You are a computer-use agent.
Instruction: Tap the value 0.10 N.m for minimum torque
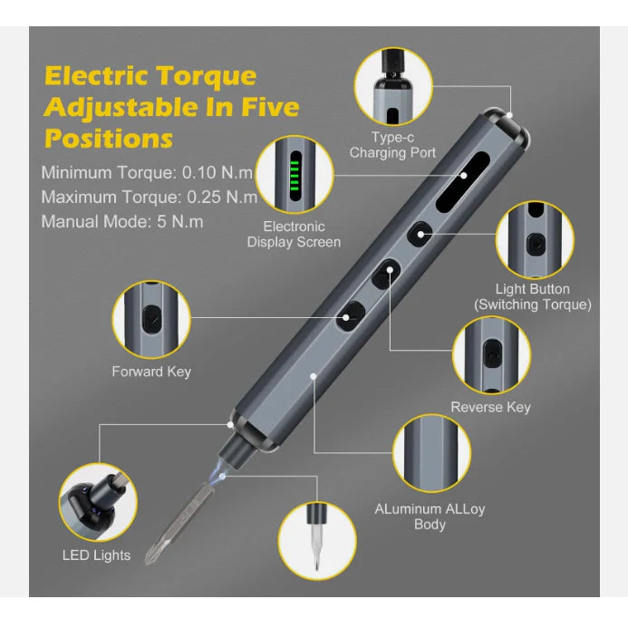[217, 172]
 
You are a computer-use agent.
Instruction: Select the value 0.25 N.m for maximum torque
[222, 197]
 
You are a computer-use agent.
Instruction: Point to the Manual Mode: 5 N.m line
[122, 221]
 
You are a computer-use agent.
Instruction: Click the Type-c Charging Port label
[392, 145]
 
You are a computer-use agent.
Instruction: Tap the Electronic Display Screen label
[294, 235]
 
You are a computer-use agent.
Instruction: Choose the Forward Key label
[151, 372]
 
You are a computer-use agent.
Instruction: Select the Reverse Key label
[490, 407]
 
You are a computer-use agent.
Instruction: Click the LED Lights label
[97, 556]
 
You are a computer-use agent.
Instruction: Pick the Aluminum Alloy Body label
[430, 517]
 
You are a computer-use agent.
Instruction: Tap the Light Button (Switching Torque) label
[533, 296]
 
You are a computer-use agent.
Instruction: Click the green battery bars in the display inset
[295, 176]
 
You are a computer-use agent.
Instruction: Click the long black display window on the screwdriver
[462, 182]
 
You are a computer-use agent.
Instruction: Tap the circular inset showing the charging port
[393, 86]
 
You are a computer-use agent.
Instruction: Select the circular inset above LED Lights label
[98, 503]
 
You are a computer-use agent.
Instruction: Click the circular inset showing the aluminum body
[431, 453]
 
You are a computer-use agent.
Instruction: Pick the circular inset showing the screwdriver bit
[317, 541]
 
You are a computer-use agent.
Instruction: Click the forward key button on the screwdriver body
[351, 316]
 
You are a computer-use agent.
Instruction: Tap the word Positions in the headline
[109, 139]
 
